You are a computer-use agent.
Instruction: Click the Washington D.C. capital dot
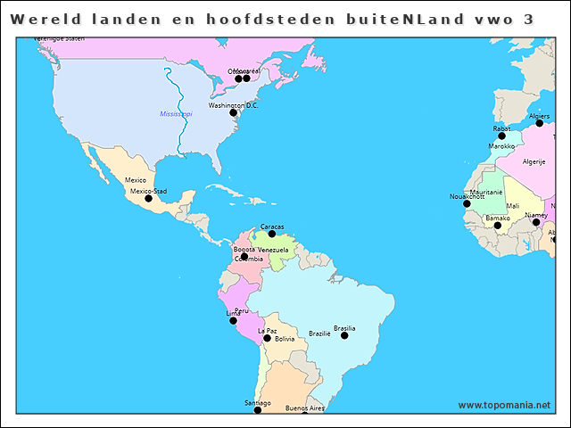click(234, 112)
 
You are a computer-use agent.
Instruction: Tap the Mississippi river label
click(176, 114)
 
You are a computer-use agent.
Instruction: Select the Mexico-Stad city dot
click(149, 198)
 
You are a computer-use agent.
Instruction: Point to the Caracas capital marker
click(272, 234)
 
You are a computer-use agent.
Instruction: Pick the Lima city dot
click(234, 319)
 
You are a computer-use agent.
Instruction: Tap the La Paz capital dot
click(267, 338)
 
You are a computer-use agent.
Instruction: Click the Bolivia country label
click(285, 339)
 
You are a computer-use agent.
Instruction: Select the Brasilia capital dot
click(344, 335)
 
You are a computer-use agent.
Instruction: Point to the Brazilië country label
click(319, 333)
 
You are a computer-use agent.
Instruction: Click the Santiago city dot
click(257, 410)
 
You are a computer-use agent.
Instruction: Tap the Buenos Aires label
click(304, 407)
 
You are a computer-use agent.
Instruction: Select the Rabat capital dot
click(501, 136)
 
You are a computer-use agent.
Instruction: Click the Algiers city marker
click(539, 123)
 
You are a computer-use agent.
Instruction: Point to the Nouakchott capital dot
click(467, 203)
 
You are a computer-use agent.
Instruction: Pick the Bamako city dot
click(498, 226)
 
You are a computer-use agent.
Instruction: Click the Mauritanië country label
click(486, 192)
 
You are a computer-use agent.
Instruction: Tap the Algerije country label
click(534, 161)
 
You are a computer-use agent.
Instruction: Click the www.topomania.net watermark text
click(504, 405)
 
